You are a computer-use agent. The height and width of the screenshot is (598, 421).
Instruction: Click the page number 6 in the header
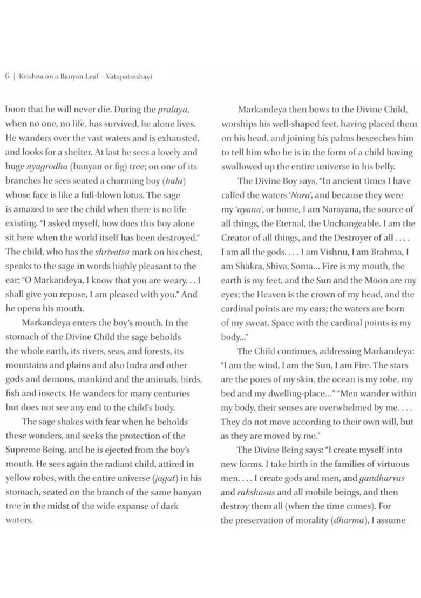coord(8,76)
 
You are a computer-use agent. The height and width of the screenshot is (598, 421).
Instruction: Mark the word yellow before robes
coord(21,478)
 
